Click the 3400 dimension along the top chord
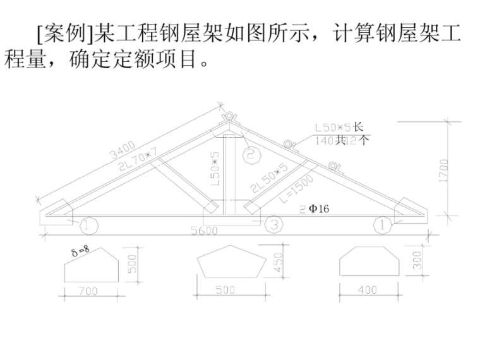tap(122, 152)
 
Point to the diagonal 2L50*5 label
tap(266, 179)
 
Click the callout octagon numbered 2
tap(251, 153)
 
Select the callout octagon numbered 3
tap(273, 223)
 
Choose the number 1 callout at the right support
tap(381, 223)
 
